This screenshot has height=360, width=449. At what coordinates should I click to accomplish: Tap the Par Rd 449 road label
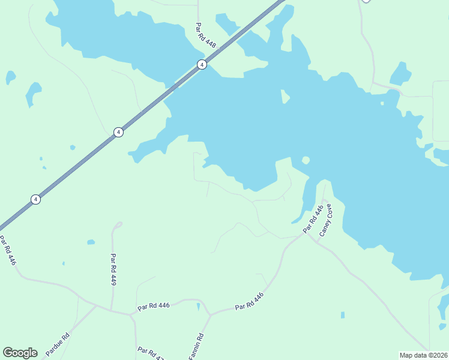coord(113,269)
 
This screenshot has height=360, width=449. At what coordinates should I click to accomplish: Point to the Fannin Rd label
coord(196,346)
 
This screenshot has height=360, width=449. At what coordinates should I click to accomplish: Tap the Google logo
coord(20,353)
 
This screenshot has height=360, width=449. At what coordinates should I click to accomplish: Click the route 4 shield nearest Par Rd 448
coord(202,65)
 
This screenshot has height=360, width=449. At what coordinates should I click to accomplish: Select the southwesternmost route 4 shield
coord(36,199)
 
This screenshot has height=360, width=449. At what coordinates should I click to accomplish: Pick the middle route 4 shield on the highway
coord(119,132)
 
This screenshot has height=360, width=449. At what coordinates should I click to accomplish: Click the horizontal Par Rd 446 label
coord(154,305)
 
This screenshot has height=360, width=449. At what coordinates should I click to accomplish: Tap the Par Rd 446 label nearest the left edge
coord(8,251)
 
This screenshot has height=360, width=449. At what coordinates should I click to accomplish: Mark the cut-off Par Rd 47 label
coord(150,353)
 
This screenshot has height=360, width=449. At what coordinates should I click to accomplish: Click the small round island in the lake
coord(306,160)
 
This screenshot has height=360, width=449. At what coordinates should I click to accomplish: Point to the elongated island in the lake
coord(285,96)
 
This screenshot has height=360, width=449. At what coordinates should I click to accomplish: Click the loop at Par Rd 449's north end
coord(118,225)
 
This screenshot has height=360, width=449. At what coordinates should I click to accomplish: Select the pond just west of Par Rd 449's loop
coord(91,242)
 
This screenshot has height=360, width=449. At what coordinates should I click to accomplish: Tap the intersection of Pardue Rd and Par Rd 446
coord(96,305)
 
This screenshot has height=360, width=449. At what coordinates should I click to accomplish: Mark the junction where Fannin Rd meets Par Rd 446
coord(209,314)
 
